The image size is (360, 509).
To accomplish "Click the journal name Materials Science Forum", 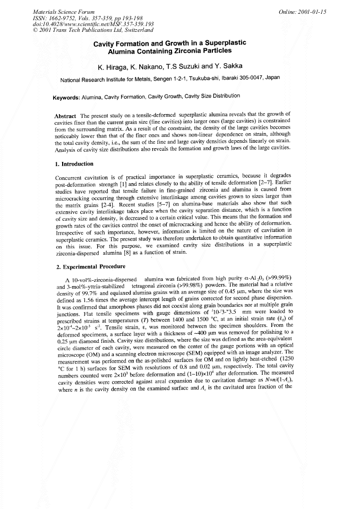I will pos(56,11).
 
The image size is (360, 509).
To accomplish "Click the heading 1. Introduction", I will pos(74,164).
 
